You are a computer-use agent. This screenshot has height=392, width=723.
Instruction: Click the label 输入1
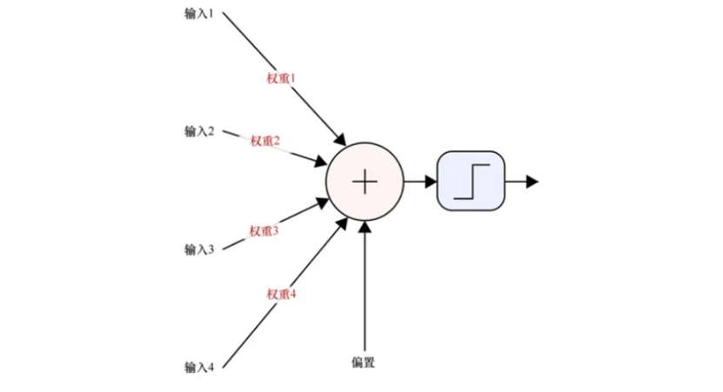click(x=198, y=14)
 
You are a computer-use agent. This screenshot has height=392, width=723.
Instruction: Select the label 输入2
click(x=198, y=131)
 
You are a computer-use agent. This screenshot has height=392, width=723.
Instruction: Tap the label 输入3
click(x=198, y=249)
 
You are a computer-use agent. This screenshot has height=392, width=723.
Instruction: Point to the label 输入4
click(x=198, y=366)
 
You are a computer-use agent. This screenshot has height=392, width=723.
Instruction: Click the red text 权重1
click(x=281, y=77)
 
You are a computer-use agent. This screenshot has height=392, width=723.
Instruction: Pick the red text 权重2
click(x=264, y=141)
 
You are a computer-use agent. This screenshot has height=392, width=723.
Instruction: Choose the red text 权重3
click(x=264, y=230)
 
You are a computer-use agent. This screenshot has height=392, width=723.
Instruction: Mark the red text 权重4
click(x=281, y=295)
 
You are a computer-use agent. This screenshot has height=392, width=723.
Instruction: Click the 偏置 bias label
click(x=364, y=362)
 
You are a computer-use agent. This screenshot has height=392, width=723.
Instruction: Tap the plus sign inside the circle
click(x=365, y=181)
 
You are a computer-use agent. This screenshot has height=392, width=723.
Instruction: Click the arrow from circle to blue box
click(x=419, y=181)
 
